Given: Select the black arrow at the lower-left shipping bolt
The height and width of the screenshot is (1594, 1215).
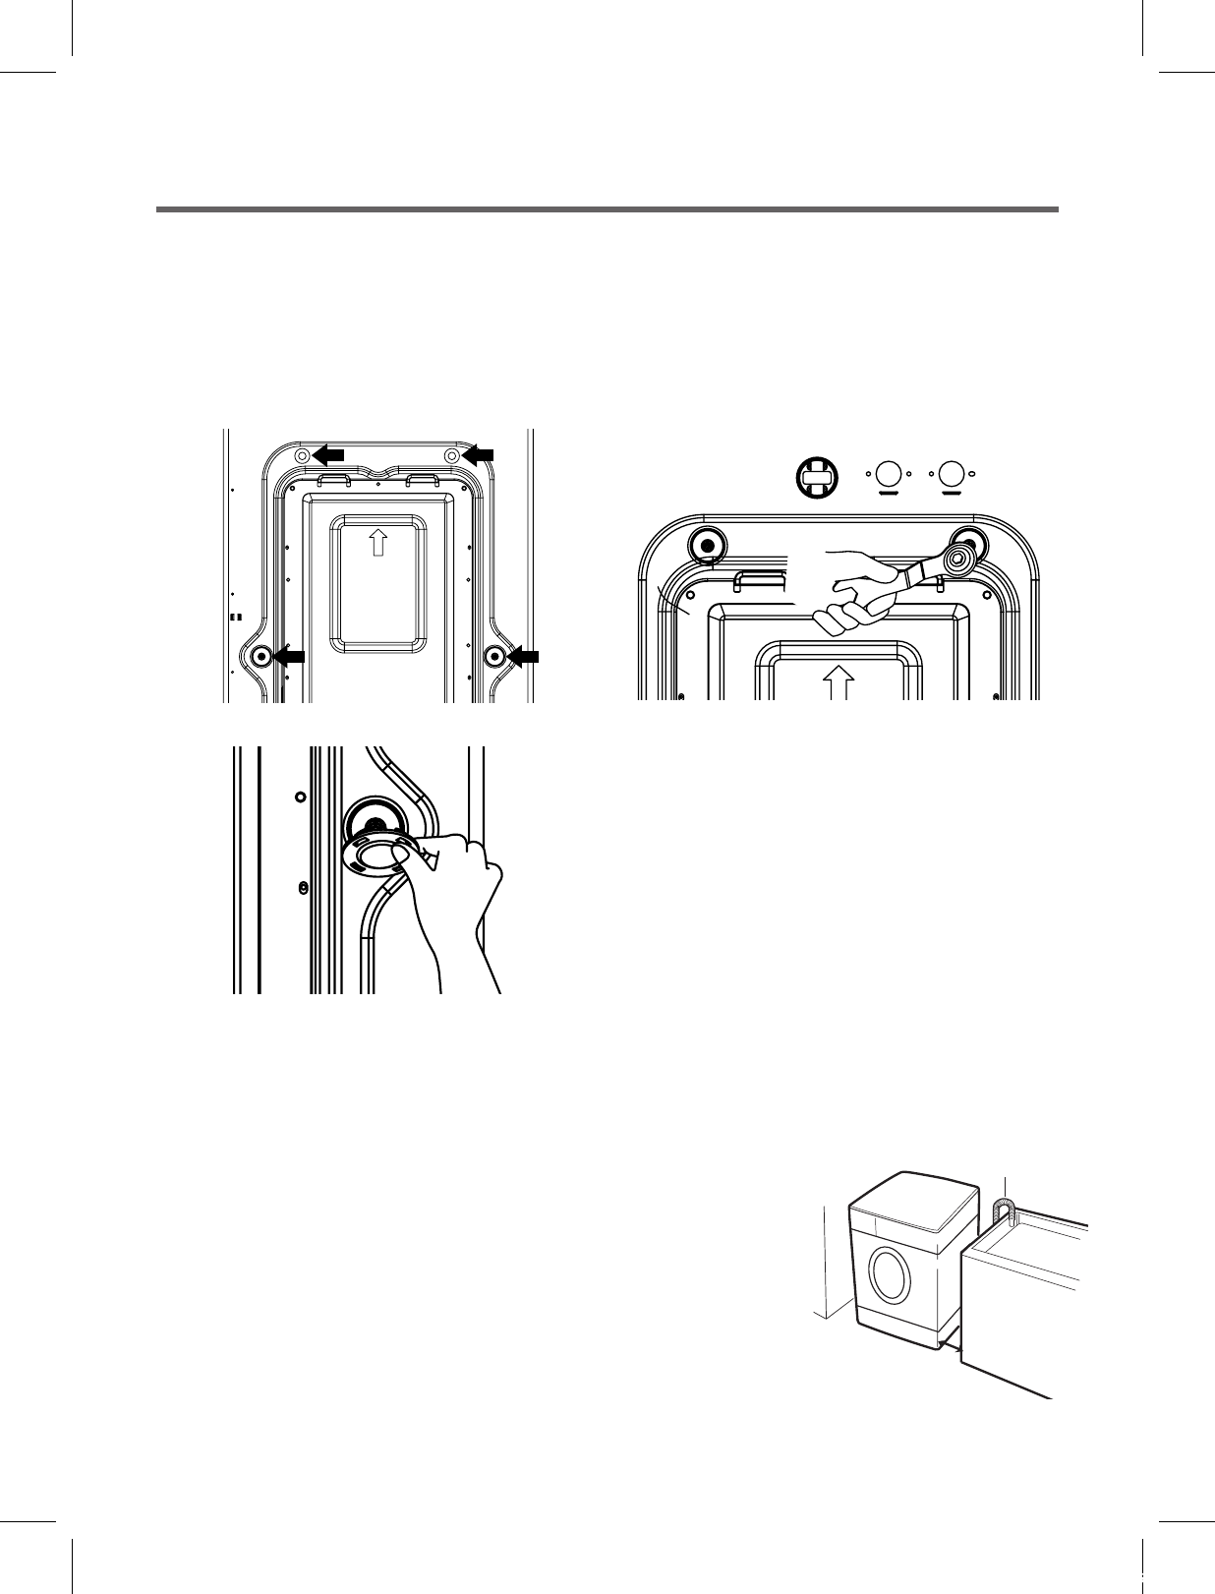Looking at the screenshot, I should (289, 656).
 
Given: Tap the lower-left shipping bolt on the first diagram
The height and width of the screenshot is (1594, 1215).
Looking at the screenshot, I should (261, 656).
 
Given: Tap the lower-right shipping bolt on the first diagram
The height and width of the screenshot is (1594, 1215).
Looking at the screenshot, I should (494, 656).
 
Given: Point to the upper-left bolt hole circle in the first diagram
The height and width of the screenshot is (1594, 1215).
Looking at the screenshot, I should (302, 454).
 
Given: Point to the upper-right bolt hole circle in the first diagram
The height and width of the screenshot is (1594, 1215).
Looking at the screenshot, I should (451, 454).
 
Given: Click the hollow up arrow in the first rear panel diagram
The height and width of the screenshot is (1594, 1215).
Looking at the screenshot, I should (378, 541).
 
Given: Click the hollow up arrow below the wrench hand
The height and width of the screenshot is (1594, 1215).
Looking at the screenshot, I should (838, 681).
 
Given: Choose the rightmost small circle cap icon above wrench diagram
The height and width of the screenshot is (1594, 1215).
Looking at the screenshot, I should (952, 474).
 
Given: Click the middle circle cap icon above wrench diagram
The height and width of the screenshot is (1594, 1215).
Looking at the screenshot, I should (889, 474).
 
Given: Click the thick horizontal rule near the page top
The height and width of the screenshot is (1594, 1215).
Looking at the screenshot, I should (607, 209).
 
